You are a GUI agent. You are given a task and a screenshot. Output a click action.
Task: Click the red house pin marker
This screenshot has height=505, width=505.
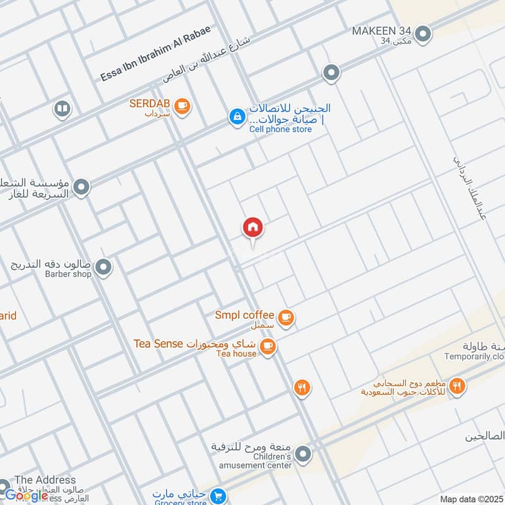253,227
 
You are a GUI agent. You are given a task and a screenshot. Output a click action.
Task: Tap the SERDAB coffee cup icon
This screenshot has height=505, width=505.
182,106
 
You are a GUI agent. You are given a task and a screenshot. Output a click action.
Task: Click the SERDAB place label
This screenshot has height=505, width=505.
150,104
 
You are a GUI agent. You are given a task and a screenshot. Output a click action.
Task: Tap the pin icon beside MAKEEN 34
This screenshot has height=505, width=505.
423,34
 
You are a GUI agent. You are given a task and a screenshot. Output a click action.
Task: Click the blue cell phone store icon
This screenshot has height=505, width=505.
237,117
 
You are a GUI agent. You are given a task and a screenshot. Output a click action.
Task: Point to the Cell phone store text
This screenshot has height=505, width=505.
280,129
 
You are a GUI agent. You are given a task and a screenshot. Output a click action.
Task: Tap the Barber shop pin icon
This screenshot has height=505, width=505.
104,268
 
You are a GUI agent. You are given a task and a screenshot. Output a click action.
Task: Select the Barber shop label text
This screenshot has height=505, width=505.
68,274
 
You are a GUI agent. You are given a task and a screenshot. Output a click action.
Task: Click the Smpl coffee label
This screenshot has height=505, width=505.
244,315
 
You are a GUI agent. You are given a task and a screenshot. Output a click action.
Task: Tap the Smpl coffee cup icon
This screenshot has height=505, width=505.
287,318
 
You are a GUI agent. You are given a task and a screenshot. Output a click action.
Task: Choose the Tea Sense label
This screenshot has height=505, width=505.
158,344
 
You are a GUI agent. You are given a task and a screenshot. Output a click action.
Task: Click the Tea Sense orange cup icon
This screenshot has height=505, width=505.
268,347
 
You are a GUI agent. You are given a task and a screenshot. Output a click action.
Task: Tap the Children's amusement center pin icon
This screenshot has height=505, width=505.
304,454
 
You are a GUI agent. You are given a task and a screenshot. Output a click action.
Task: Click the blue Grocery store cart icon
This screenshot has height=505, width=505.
218,497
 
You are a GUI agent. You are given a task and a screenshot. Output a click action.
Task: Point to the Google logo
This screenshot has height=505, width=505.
27,495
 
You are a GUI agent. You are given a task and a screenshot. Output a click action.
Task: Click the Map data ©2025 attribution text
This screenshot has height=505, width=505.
472,499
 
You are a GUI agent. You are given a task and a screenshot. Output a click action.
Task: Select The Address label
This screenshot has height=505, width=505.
45,480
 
